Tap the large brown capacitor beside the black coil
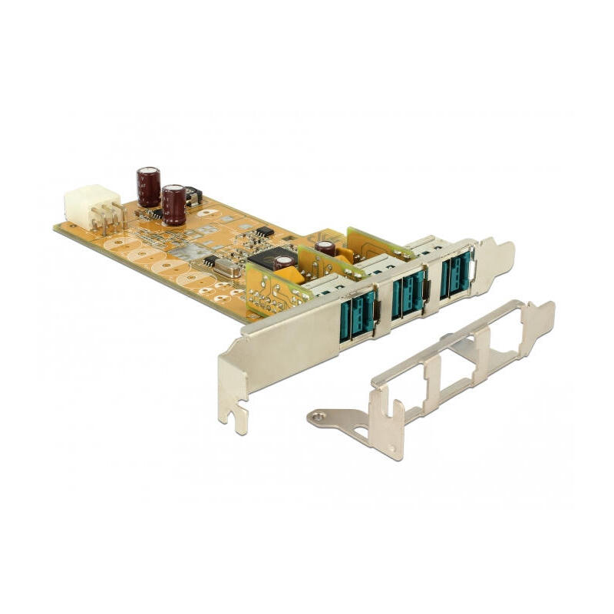tap(173, 205)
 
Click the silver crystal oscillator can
tap(226, 267)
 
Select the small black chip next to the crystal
tap(209, 260)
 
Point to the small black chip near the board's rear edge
tap(264, 230)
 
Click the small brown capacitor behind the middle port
tap(326, 247)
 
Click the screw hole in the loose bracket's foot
tap(317, 417)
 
